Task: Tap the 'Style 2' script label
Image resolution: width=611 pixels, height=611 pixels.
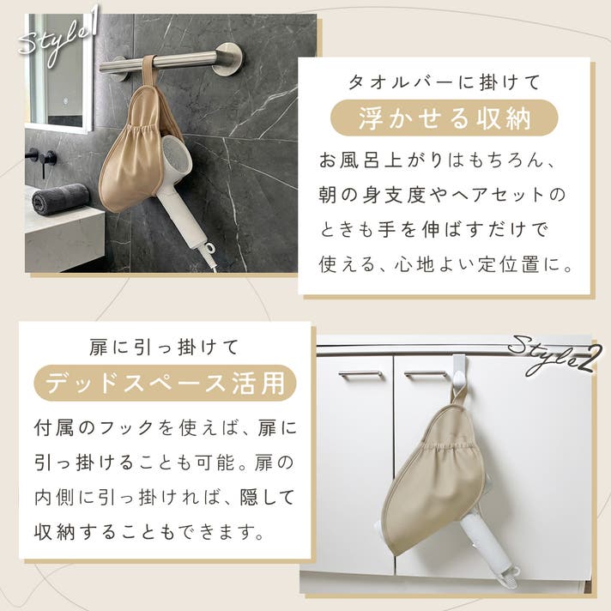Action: point(553,355)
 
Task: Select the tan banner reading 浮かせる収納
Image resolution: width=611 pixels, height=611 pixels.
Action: point(445,118)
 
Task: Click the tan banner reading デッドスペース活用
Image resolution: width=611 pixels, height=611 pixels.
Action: point(166,383)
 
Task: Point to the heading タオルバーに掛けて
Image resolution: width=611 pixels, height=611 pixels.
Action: point(445,82)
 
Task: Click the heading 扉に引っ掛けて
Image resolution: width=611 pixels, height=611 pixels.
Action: point(164,348)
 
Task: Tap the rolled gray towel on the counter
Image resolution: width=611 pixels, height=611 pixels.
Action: point(60,198)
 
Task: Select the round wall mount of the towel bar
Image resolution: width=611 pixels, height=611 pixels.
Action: point(229,58)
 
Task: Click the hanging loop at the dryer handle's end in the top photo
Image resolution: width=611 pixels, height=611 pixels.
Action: point(209,248)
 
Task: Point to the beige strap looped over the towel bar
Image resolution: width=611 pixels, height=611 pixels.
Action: point(148,74)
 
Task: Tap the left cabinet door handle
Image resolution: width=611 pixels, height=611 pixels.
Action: point(360,375)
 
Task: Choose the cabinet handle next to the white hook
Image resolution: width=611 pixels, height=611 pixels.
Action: point(426,375)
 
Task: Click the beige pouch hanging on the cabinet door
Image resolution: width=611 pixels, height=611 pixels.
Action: point(434,474)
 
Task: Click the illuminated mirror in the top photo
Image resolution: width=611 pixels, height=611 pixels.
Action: point(59,72)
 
